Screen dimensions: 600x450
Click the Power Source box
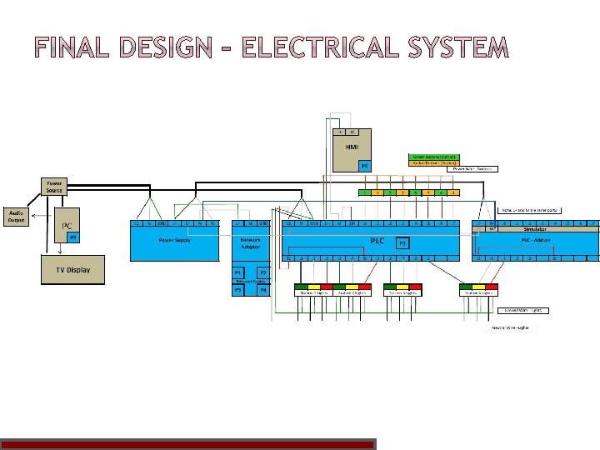coord(53,186)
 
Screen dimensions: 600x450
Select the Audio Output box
coord(16,216)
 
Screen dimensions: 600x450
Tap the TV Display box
coord(73,269)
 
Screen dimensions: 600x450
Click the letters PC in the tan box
coord(68,225)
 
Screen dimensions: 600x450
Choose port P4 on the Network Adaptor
coord(263,290)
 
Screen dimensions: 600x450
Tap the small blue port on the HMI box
coord(364,165)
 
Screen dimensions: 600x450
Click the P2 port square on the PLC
coord(402,243)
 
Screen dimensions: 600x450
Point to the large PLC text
coord(377,239)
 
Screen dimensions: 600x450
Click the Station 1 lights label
coord(312,292)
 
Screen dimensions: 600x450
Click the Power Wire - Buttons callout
coord(477,169)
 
